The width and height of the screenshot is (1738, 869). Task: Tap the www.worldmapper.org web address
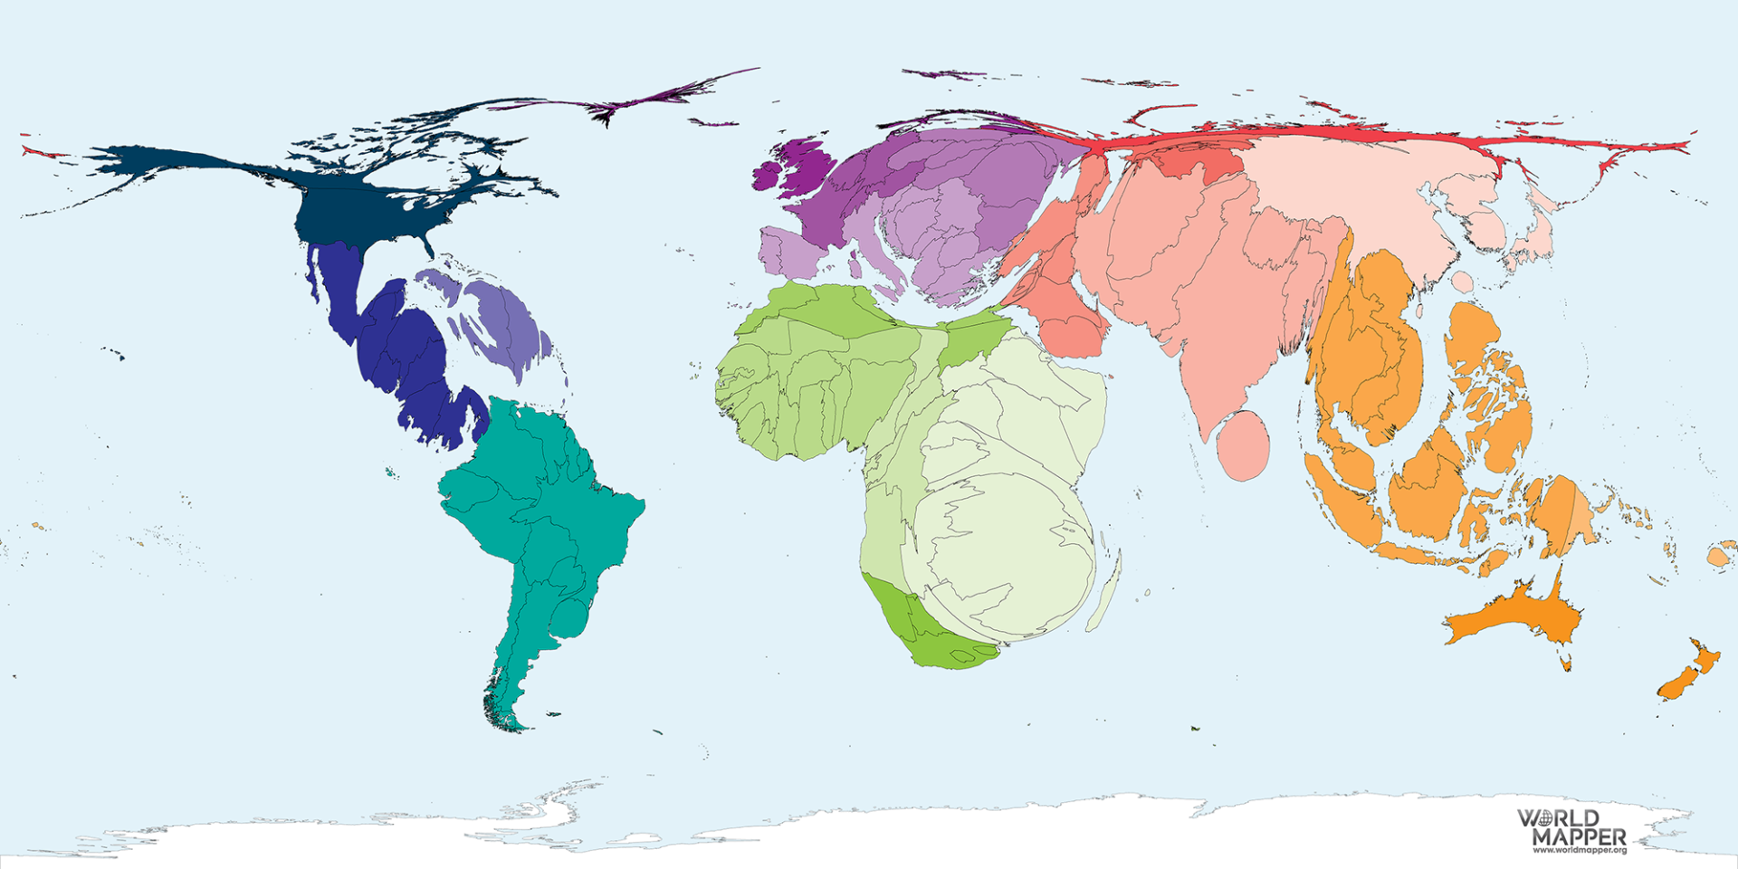click(x=1579, y=851)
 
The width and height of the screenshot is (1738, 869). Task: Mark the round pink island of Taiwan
click(x=1463, y=282)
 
